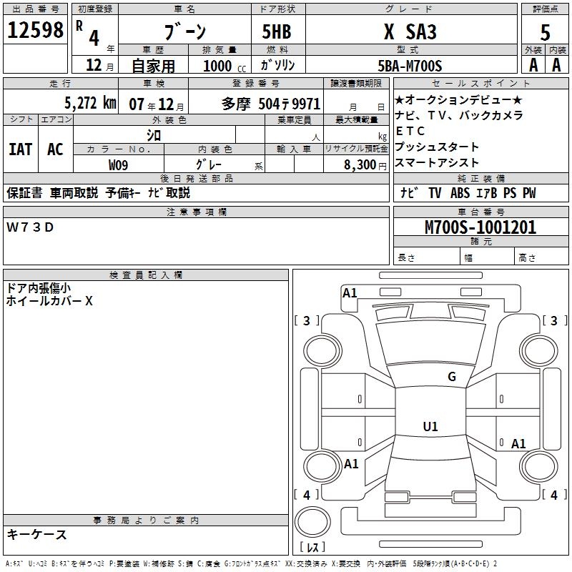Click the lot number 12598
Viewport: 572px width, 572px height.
click(x=36, y=31)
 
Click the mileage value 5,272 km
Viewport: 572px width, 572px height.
click(x=89, y=102)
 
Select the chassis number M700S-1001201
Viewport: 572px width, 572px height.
click(x=480, y=227)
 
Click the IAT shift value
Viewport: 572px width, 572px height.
click(x=20, y=149)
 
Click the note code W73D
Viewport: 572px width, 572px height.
click(x=30, y=227)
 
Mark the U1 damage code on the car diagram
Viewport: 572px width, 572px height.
click(x=430, y=427)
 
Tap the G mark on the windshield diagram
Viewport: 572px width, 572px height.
click(x=451, y=377)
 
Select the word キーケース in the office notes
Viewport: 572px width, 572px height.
click(x=36, y=535)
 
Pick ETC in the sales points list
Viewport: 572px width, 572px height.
click(x=410, y=132)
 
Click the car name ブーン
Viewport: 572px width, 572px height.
click(x=185, y=32)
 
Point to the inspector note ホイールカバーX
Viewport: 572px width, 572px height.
click(x=49, y=301)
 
